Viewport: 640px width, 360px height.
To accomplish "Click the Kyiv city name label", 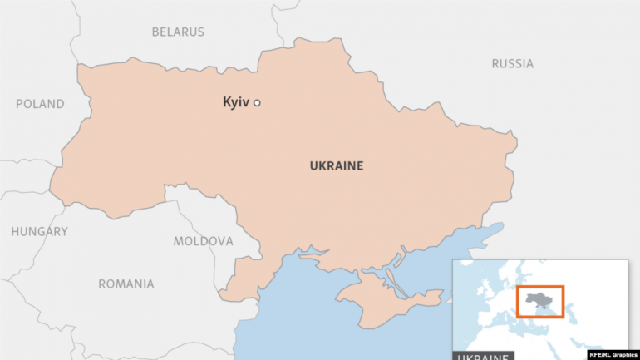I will [x=236, y=102].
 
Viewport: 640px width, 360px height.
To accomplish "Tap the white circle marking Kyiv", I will [x=257, y=103].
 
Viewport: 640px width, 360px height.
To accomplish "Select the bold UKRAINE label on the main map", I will [x=337, y=166].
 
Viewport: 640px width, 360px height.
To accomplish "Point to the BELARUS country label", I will [x=177, y=32].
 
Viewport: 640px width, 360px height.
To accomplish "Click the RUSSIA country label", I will [x=512, y=63].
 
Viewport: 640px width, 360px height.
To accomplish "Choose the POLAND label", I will [x=39, y=104].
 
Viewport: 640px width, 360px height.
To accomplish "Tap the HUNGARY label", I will [x=39, y=232].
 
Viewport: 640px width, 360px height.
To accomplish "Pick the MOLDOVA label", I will [x=203, y=241].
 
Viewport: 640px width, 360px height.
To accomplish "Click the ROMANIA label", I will [x=126, y=284].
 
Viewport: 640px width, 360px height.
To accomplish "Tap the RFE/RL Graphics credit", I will [x=613, y=354].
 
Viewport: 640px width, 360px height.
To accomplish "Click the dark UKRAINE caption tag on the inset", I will [x=484, y=356].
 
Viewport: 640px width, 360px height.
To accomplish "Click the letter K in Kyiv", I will [x=227, y=102].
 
